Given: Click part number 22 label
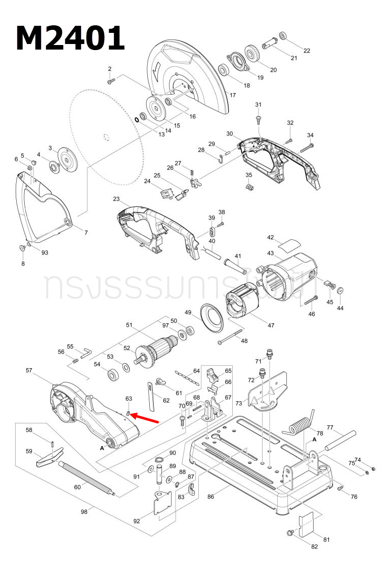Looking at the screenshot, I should pyautogui.click(x=307, y=50).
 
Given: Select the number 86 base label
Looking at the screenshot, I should pyautogui.click(x=211, y=497).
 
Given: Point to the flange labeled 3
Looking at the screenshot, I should pyautogui.click(x=65, y=156).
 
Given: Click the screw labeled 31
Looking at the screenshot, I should pyautogui.click(x=259, y=118).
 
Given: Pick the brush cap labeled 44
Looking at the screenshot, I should pyautogui.click(x=340, y=290).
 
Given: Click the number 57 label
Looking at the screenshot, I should pyautogui.click(x=29, y=371).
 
